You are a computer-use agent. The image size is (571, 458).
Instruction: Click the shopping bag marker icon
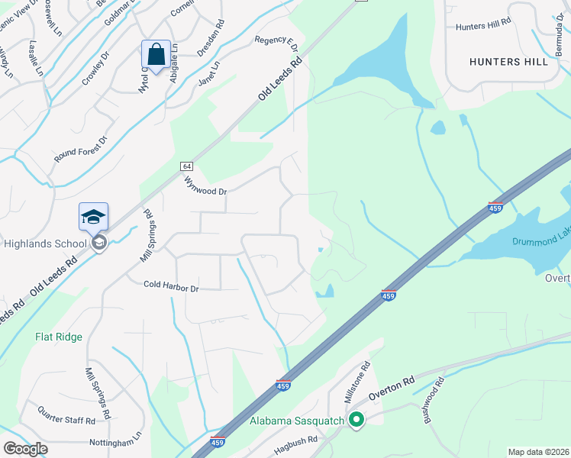pos(156,55)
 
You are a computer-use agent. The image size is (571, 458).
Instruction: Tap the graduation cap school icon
pos(93,217)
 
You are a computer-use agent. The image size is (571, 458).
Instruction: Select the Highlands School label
pos(45,244)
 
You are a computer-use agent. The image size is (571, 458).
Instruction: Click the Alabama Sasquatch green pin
pos(356,419)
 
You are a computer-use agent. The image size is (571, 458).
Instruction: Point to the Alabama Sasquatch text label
pos(298,421)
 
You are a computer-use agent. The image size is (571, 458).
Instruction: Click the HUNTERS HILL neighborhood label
pos(508,62)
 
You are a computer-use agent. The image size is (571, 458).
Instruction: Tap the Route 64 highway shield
pos(186,166)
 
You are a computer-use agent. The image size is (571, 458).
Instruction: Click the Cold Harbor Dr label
pos(171,288)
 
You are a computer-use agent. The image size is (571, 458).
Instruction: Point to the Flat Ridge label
pos(58,336)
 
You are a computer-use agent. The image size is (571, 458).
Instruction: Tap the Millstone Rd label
pos(357,382)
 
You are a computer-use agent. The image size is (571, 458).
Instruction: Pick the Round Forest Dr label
pos(81,149)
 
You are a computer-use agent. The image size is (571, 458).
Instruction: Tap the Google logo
pos(26,449)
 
